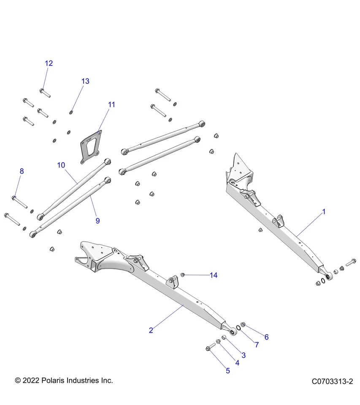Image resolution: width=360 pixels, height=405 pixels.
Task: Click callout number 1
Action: click(x=324, y=212)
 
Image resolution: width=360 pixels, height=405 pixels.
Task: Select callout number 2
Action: click(x=151, y=330)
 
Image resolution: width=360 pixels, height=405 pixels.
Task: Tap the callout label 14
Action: click(x=214, y=275)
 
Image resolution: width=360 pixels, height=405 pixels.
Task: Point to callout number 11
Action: click(x=111, y=104)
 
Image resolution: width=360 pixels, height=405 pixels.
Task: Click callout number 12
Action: click(x=49, y=63)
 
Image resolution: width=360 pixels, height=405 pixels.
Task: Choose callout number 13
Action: click(x=85, y=81)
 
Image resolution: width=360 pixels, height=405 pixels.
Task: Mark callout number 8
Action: click(x=22, y=171)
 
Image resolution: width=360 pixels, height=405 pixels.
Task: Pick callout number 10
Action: click(x=62, y=165)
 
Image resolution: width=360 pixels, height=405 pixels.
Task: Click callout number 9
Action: click(x=97, y=220)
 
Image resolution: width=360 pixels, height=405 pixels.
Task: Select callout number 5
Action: click(x=228, y=370)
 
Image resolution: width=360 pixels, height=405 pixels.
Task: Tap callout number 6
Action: click(x=266, y=337)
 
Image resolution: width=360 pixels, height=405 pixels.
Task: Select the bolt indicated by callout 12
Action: click(x=45, y=92)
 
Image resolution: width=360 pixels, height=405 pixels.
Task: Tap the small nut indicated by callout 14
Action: click(x=183, y=275)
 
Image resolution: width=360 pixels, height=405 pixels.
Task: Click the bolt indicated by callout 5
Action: click(x=210, y=347)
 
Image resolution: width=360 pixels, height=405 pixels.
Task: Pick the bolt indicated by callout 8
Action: click(x=19, y=201)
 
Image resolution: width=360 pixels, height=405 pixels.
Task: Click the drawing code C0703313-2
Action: click(x=332, y=381)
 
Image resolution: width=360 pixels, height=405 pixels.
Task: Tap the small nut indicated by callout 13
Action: click(x=71, y=112)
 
